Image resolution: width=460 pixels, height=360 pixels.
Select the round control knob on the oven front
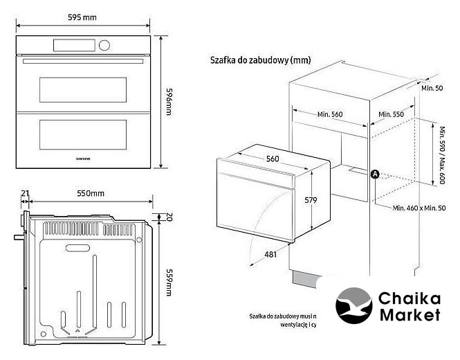click(x=105, y=46)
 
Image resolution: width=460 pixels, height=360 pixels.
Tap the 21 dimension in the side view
click(x=26, y=193)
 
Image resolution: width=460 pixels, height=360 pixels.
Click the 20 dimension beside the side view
click(x=168, y=217)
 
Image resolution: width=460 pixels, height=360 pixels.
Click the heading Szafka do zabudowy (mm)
click(x=260, y=60)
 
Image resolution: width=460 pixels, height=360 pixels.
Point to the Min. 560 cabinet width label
click(x=331, y=114)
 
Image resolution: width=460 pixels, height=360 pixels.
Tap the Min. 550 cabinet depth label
click(x=391, y=114)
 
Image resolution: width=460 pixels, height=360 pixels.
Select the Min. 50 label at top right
click(x=432, y=89)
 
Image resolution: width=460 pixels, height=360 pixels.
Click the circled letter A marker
click(x=375, y=174)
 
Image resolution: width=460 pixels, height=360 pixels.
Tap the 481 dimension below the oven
click(x=270, y=255)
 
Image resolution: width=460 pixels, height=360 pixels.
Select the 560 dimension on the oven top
click(x=273, y=159)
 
